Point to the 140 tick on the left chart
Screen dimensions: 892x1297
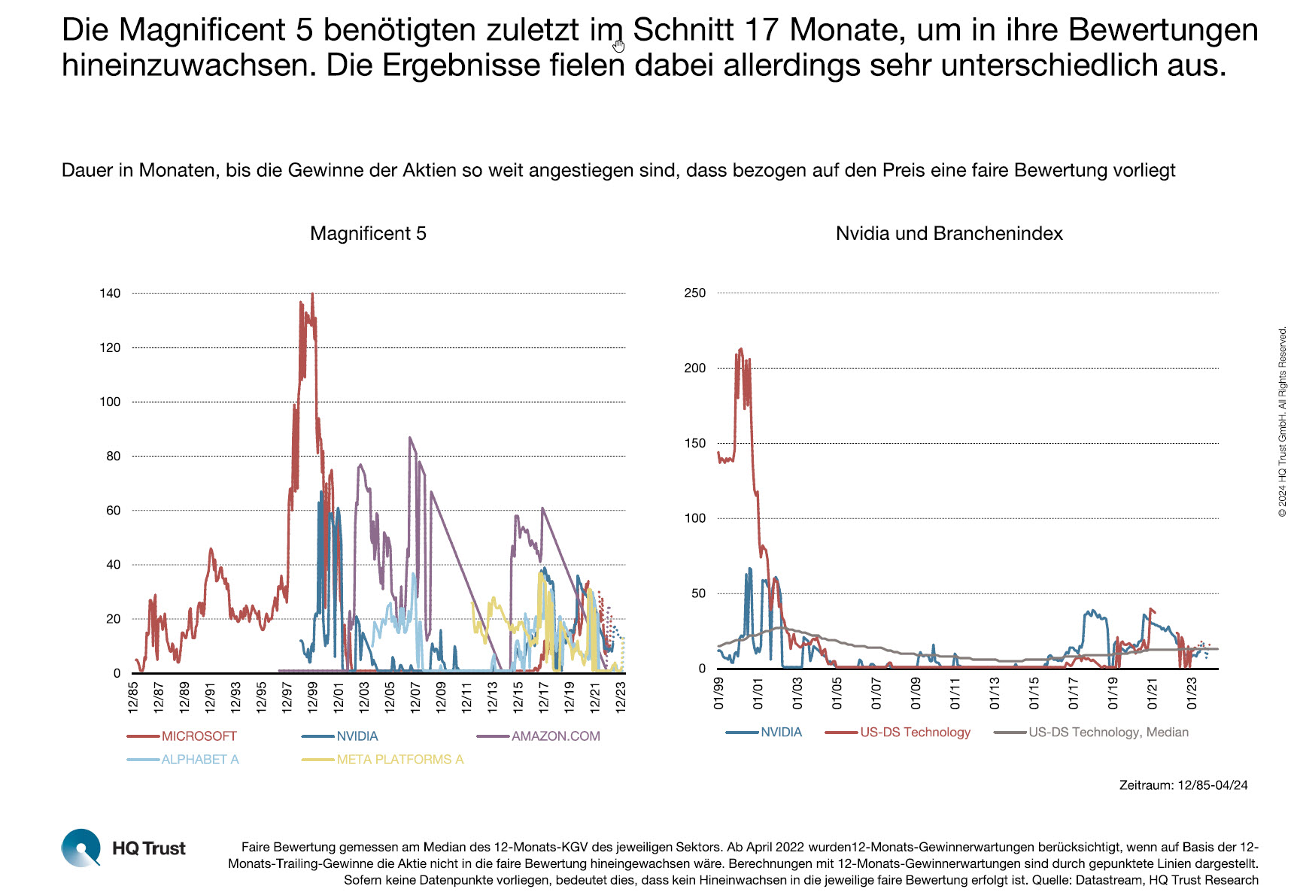(110, 293)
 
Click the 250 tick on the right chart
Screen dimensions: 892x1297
(694, 293)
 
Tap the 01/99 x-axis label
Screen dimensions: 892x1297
(718, 693)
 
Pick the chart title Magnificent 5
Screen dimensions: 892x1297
(368, 233)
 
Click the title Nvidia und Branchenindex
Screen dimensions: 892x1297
(949, 233)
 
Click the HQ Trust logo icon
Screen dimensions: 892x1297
(80, 848)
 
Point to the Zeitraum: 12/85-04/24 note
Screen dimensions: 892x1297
(1183, 785)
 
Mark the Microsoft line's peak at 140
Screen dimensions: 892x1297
(312, 294)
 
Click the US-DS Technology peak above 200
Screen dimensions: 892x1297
(741, 349)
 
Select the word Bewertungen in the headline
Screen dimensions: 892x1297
(1162, 30)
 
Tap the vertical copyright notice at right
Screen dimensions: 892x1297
(1282, 421)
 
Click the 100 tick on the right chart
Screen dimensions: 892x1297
(694, 518)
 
